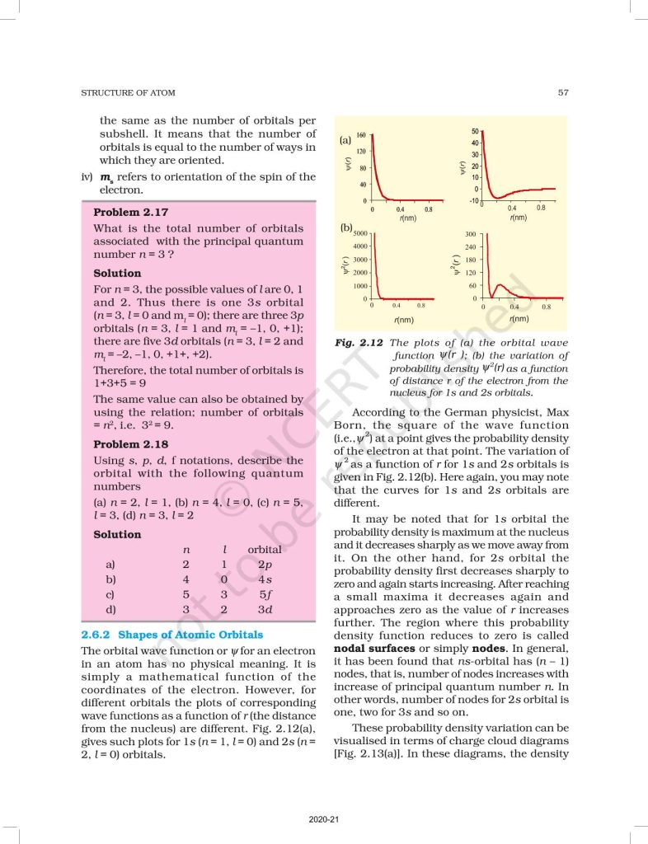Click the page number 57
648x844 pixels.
[563, 92]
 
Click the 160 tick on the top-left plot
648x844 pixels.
[361, 135]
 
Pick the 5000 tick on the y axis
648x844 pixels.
[359, 233]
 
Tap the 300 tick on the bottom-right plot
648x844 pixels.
[472, 234]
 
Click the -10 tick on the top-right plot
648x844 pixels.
[472, 201]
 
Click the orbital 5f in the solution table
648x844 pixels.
[265, 594]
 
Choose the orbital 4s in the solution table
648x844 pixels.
[265, 579]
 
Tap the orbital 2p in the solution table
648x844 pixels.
[265, 565]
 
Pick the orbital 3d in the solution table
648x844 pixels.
[265, 610]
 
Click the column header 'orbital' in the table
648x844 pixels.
[265, 549]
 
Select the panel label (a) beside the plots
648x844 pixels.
[345, 141]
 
